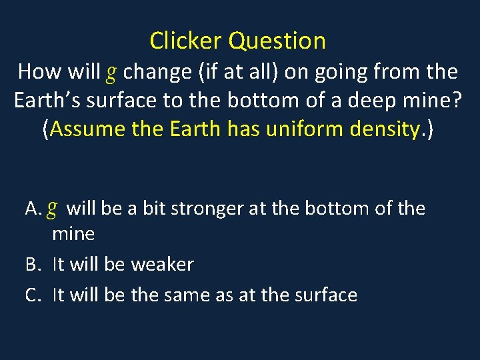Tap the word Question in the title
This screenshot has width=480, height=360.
(277, 41)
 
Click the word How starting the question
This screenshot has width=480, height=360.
(41, 71)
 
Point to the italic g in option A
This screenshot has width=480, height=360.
(53, 209)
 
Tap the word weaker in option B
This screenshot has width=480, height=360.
(162, 265)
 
